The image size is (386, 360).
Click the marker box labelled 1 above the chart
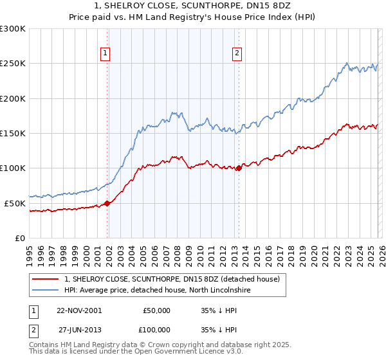pyautogui.click(x=105, y=53)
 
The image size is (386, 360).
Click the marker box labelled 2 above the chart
pyautogui.click(x=237, y=53)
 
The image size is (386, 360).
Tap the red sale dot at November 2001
pyautogui.click(x=107, y=203)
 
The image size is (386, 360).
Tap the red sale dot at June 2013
pyautogui.click(x=239, y=168)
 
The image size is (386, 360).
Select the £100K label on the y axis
pyautogui.click(x=13, y=168)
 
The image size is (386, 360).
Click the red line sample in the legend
pyautogui.click(x=46, y=280)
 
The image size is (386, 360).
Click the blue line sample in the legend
pyautogui.click(x=46, y=291)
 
